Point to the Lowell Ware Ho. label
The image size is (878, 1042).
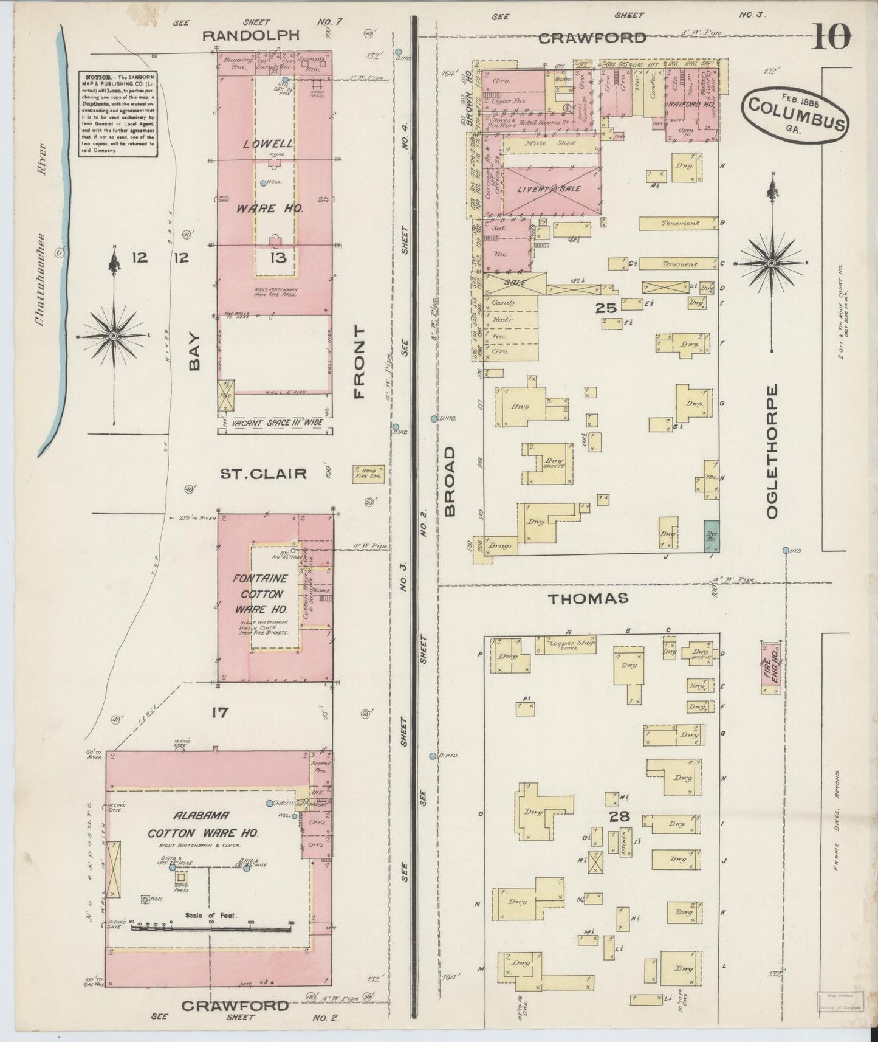point(269,176)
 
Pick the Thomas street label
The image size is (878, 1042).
point(588,599)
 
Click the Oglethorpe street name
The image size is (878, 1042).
point(772,451)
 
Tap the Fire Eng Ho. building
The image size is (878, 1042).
point(770,667)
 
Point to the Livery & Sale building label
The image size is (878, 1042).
point(549,189)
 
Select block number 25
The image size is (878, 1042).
point(606,308)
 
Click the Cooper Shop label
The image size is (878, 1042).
point(569,644)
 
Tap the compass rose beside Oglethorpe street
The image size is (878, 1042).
point(772,263)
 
